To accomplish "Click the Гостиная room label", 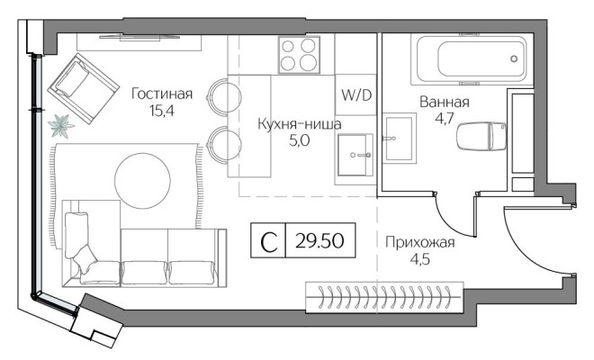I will [x=162, y=93].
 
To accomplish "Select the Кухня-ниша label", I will [x=299, y=124].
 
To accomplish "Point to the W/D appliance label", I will [x=356, y=94].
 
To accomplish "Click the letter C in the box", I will [x=267, y=242].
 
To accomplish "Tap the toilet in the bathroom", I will [x=481, y=138].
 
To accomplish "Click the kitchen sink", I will [x=355, y=157].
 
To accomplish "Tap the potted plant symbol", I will [x=60, y=124].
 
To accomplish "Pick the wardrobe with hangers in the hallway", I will [x=383, y=294].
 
